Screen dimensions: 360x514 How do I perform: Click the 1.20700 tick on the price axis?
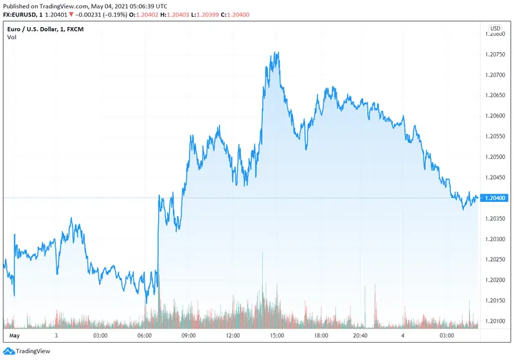pos(496,75)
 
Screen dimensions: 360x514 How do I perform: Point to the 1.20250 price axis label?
pos(496,260)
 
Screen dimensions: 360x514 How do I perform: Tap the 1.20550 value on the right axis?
pos(496,136)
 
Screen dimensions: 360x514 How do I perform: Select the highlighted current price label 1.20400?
pos(496,198)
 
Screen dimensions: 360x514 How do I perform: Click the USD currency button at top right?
pos(495,28)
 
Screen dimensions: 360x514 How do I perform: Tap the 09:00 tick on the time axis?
pos(188,336)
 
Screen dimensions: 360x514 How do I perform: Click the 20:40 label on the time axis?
pos(360,336)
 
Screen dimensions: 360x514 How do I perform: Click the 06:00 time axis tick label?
pos(144,336)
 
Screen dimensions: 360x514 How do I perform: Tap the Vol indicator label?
pos(12,37)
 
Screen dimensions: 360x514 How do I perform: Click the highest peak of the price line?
pos(277,53)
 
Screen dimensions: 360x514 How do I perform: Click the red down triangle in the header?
pos(71,14)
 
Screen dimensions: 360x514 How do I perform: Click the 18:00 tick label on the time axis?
pos(322,336)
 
